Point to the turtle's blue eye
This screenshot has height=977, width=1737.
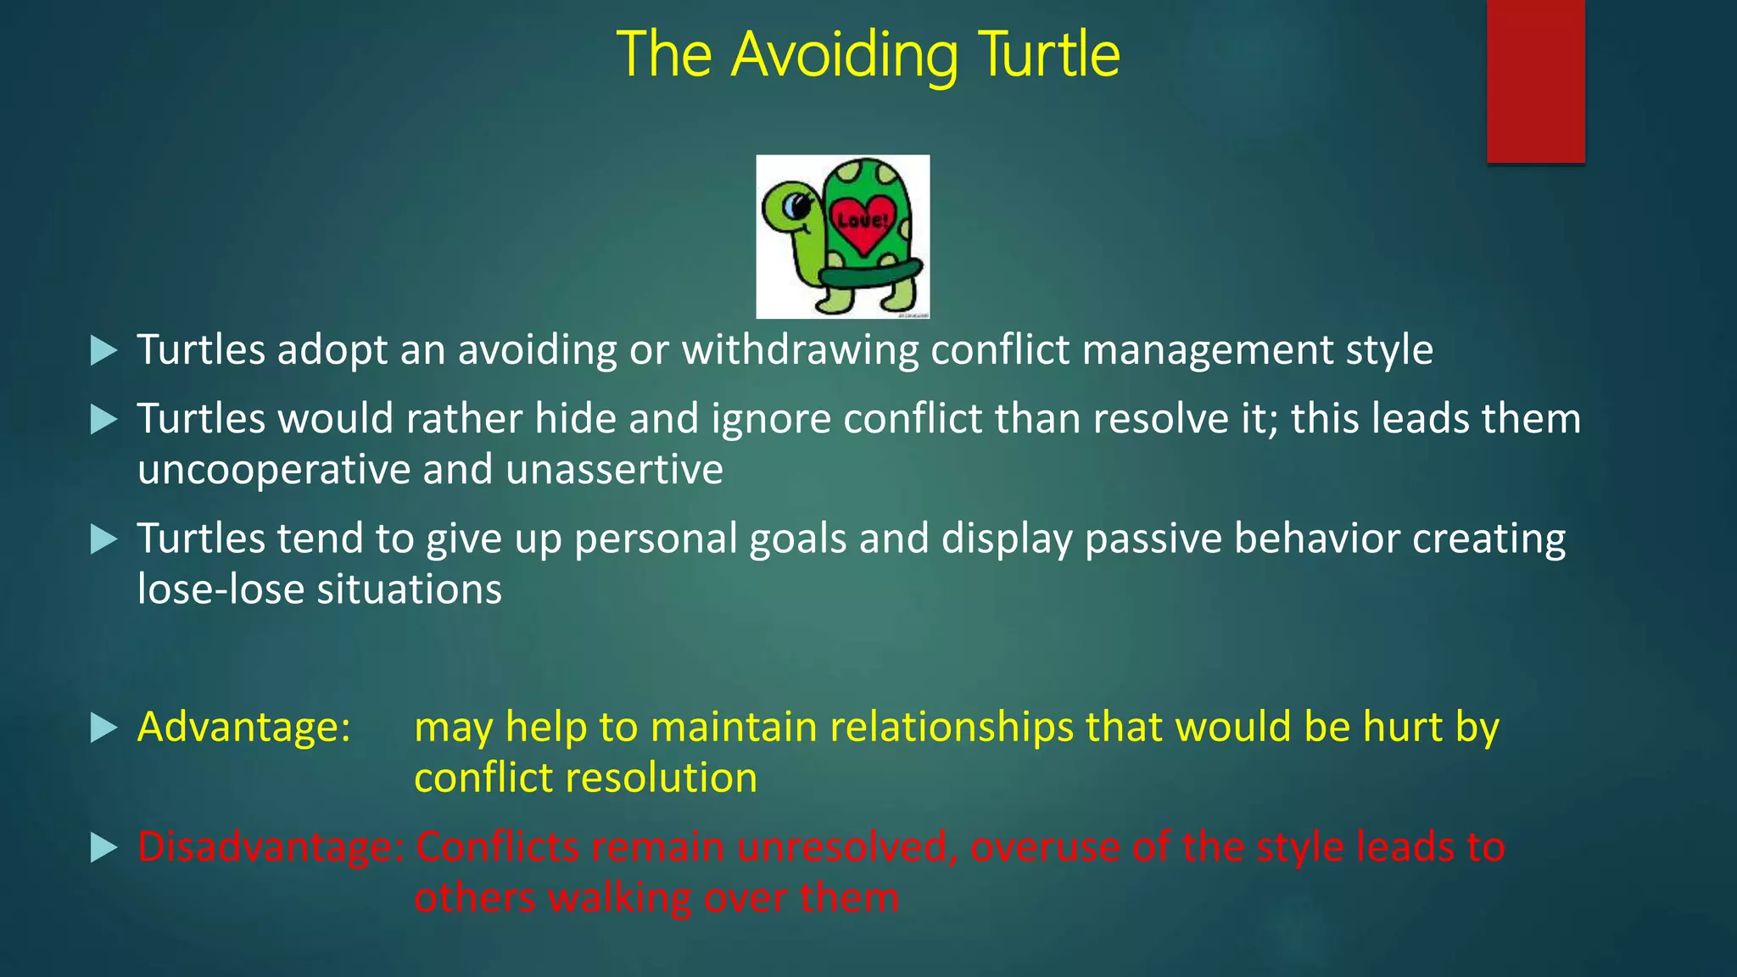tap(795, 205)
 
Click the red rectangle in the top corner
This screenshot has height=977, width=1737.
tap(1535, 81)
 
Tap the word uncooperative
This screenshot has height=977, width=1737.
tap(273, 471)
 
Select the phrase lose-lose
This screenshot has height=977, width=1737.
tap(220, 590)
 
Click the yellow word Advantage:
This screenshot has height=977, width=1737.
tap(244, 728)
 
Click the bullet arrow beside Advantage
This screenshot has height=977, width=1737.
tap(103, 728)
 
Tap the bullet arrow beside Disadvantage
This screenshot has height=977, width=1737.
tap(103, 848)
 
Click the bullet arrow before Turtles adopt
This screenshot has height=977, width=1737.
tap(103, 350)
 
